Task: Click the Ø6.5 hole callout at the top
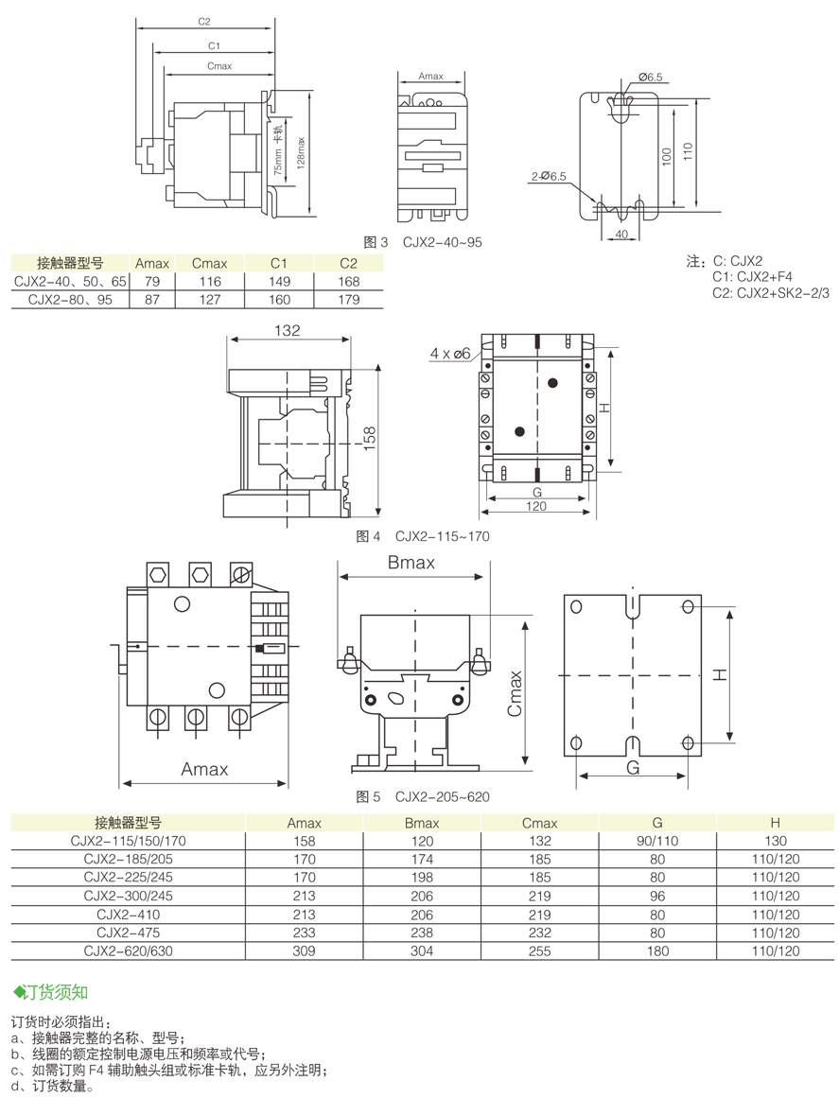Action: [649, 77]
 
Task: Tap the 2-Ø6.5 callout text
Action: [549, 177]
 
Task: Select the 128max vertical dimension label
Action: [301, 152]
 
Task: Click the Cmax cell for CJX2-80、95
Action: [209, 300]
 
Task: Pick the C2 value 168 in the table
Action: [349, 282]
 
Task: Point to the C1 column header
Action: [279, 263]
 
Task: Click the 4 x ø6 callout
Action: [449, 354]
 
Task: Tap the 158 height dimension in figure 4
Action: [370, 439]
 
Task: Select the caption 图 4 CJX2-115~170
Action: [423, 536]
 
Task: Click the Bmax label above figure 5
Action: [411, 563]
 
